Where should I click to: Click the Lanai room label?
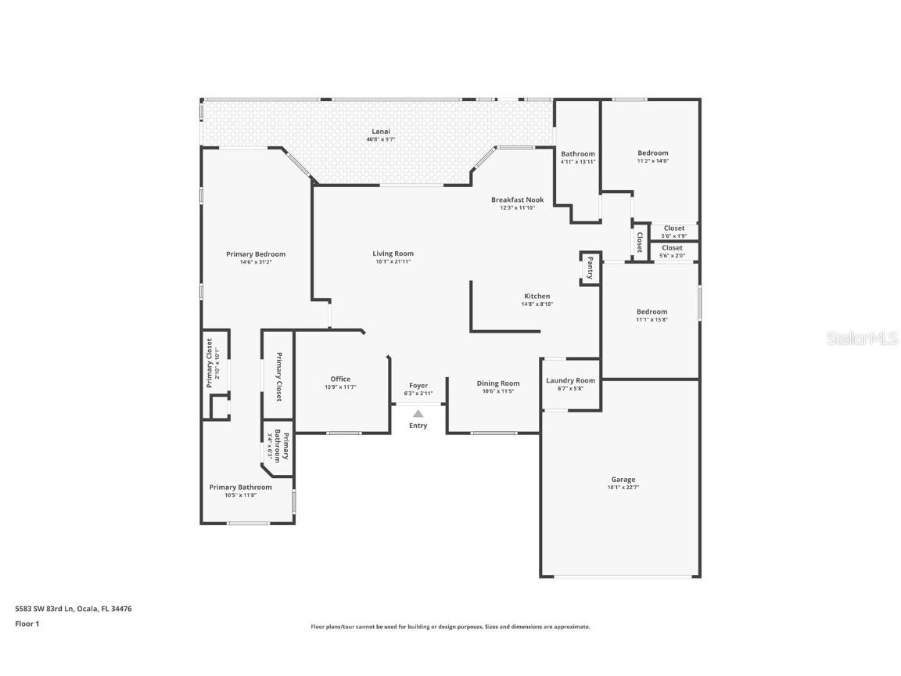(381, 131)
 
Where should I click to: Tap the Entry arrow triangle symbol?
(418, 414)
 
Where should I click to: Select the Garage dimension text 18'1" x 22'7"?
(623, 487)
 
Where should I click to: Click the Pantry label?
(590, 268)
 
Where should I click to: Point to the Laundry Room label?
(570, 380)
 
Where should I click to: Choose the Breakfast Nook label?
(517, 200)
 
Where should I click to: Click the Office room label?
(340, 379)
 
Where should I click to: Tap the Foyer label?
(418, 385)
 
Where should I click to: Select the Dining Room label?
(498, 383)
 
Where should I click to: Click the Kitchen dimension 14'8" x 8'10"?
(537, 304)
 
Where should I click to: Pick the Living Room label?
(393, 253)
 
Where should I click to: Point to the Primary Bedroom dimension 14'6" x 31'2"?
(256, 262)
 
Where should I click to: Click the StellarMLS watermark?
(858, 338)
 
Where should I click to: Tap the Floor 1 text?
(27, 624)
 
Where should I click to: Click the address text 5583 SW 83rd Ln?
(44, 608)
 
